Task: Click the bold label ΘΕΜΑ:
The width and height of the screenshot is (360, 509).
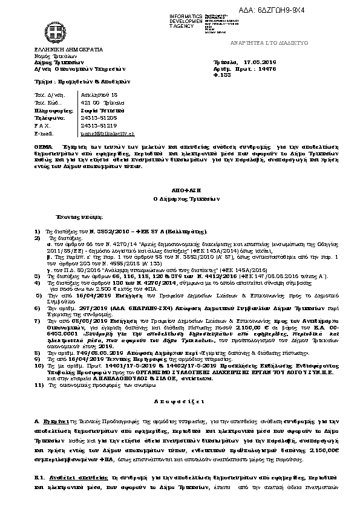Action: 44,147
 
